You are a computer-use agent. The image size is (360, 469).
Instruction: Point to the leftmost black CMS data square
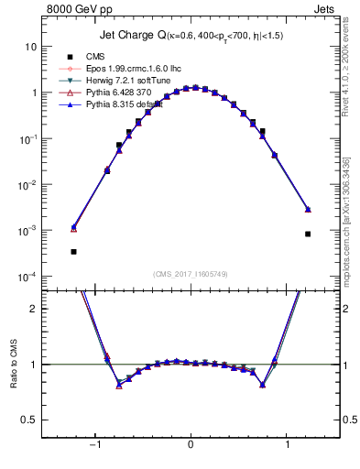[x=73, y=251]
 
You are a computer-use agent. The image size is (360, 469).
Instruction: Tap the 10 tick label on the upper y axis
[x=30, y=46]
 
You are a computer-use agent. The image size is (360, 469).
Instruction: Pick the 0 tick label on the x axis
[x=191, y=446]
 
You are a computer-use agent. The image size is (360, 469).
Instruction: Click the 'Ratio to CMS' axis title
[x=12, y=364]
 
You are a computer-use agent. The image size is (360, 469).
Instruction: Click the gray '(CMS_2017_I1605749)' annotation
[x=191, y=274]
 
